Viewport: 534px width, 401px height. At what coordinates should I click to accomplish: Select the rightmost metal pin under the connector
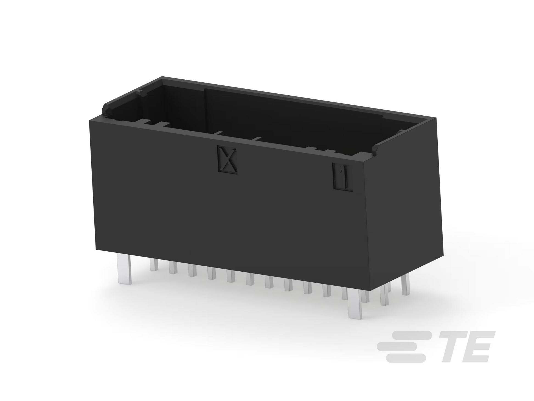[406, 286]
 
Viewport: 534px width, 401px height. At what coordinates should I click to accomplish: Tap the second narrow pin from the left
[173, 268]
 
